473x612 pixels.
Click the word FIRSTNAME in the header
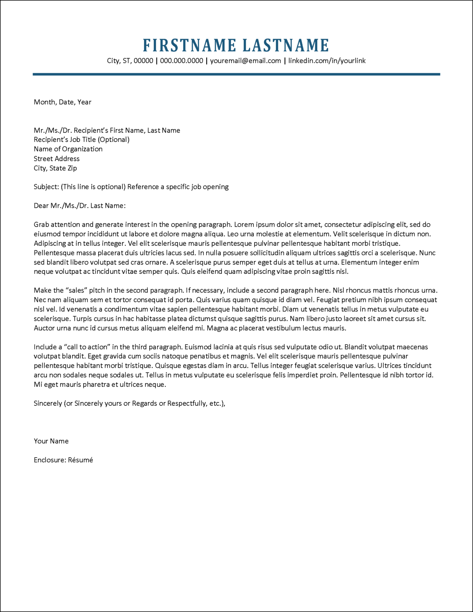coord(190,45)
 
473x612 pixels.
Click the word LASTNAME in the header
coord(286,45)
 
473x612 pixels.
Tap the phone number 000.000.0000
coord(182,61)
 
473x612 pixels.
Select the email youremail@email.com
coord(245,61)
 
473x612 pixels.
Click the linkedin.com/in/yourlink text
coord(326,61)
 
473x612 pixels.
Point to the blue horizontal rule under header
coord(236,74)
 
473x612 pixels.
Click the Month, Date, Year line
coord(63,102)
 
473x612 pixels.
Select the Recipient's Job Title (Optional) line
coord(82,139)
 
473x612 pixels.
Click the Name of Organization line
coord(68,149)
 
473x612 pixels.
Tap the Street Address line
coord(57,159)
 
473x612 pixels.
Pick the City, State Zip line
coord(55,168)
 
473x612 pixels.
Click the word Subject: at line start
coord(46,187)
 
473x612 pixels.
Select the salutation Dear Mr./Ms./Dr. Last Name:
coord(80,206)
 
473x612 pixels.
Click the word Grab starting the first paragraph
coord(41,225)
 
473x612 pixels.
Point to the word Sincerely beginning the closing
coord(48,403)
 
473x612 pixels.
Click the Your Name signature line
coord(51,441)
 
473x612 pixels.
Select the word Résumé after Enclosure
coord(80,460)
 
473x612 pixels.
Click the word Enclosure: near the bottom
coord(50,460)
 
